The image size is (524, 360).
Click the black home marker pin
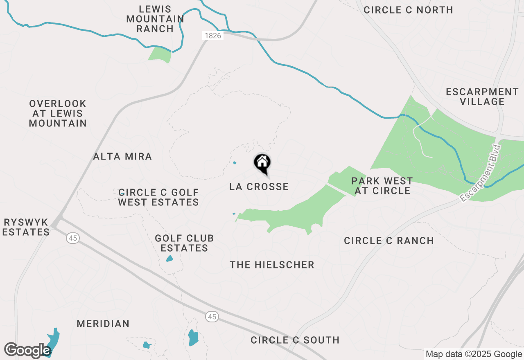tap(262, 163)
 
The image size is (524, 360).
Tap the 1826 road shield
tap(212, 36)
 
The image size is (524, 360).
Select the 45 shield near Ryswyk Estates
tap(73, 238)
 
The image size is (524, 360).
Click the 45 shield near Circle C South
tap(212, 316)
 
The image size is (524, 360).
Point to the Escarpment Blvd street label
tap(481, 173)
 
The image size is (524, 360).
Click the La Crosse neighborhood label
tap(259, 187)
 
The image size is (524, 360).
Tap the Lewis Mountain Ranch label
tap(155, 19)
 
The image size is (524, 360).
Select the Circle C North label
tap(408, 10)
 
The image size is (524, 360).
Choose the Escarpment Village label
tap(482, 97)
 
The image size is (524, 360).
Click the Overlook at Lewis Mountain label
tap(58, 113)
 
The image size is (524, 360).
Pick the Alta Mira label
tap(122, 156)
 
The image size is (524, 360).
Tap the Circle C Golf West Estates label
tap(158, 197)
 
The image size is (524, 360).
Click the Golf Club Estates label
tap(184, 243)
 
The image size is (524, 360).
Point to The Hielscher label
tap(272, 265)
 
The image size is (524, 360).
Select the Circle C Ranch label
tap(389, 241)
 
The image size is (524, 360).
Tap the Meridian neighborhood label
tap(103, 324)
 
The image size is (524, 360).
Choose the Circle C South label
tap(295, 340)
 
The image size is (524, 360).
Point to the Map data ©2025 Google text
tap(474, 354)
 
